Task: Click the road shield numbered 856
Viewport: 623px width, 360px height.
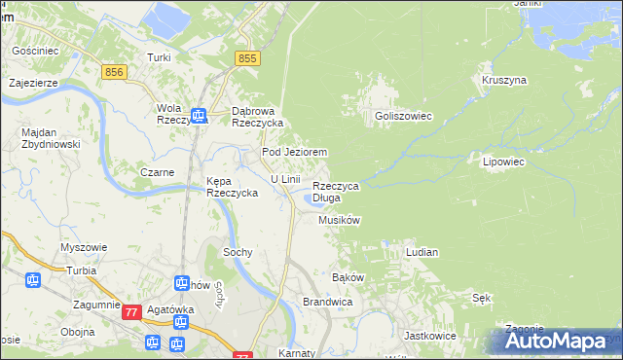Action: coord(115,72)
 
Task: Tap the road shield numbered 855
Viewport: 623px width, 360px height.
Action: coord(247,60)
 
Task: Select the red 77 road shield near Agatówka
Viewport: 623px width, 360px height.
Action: coord(132,312)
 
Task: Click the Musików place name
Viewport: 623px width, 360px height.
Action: coord(340,221)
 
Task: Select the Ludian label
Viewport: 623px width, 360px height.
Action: coord(421,252)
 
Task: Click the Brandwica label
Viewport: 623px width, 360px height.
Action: coord(327,303)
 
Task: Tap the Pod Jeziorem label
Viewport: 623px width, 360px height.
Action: coord(293,153)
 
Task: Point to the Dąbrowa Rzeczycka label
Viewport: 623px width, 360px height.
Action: coord(257,117)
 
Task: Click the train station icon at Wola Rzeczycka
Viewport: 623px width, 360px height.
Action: coord(199,117)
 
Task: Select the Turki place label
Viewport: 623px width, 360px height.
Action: coord(159,58)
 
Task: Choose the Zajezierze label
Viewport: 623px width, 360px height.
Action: coord(34,83)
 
